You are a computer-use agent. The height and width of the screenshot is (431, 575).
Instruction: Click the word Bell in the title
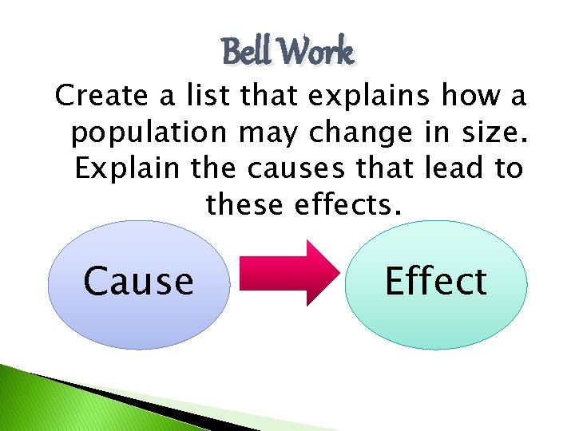click(x=247, y=53)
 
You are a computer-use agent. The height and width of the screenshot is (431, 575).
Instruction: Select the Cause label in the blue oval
click(x=139, y=281)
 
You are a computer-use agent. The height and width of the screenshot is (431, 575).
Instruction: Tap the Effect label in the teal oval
click(x=436, y=281)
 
